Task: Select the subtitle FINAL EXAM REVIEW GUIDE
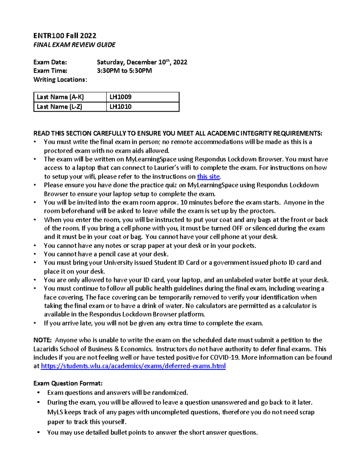click(74, 45)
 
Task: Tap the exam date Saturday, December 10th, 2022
click(142, 62)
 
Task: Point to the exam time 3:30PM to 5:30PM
click(124, 71)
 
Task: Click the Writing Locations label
click(60, 80)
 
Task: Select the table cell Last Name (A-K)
click(60, 97)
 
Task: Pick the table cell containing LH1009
click(121, 97)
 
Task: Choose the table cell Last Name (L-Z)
click(59, 107)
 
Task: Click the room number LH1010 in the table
click(121, 107)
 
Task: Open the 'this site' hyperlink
click(208, 176)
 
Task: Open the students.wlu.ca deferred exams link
click(133, 366)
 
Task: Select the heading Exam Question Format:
click(68, 383)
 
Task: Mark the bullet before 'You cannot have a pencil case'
click(35, 254)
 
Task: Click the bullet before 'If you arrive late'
click(35, 323)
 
